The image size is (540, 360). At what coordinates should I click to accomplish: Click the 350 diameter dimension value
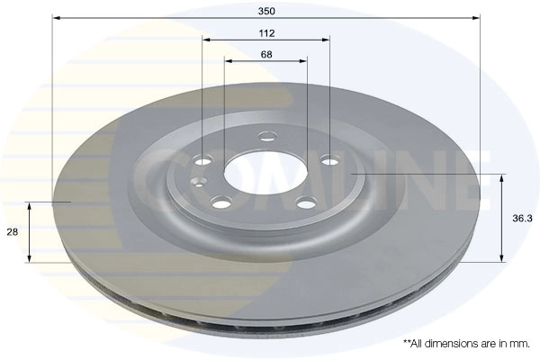tap(266, 10)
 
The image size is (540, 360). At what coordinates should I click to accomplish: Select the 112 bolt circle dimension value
tap(266, 32)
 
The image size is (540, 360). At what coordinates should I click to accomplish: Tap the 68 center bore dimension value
tap(266, 55)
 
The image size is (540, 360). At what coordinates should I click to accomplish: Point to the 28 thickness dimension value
tap(13, 232)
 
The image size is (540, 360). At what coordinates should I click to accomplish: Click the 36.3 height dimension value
tap(519, 216)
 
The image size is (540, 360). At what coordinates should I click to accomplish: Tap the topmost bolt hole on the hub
tap(266, 138)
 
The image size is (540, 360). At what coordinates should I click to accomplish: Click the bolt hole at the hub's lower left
tap(220, 202)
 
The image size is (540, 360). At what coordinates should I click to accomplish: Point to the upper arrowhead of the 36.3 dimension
tap(501, 175)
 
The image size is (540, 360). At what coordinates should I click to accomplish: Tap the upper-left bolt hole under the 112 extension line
tap(202, 161)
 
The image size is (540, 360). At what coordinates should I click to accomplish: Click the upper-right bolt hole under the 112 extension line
tap(330, 161)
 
